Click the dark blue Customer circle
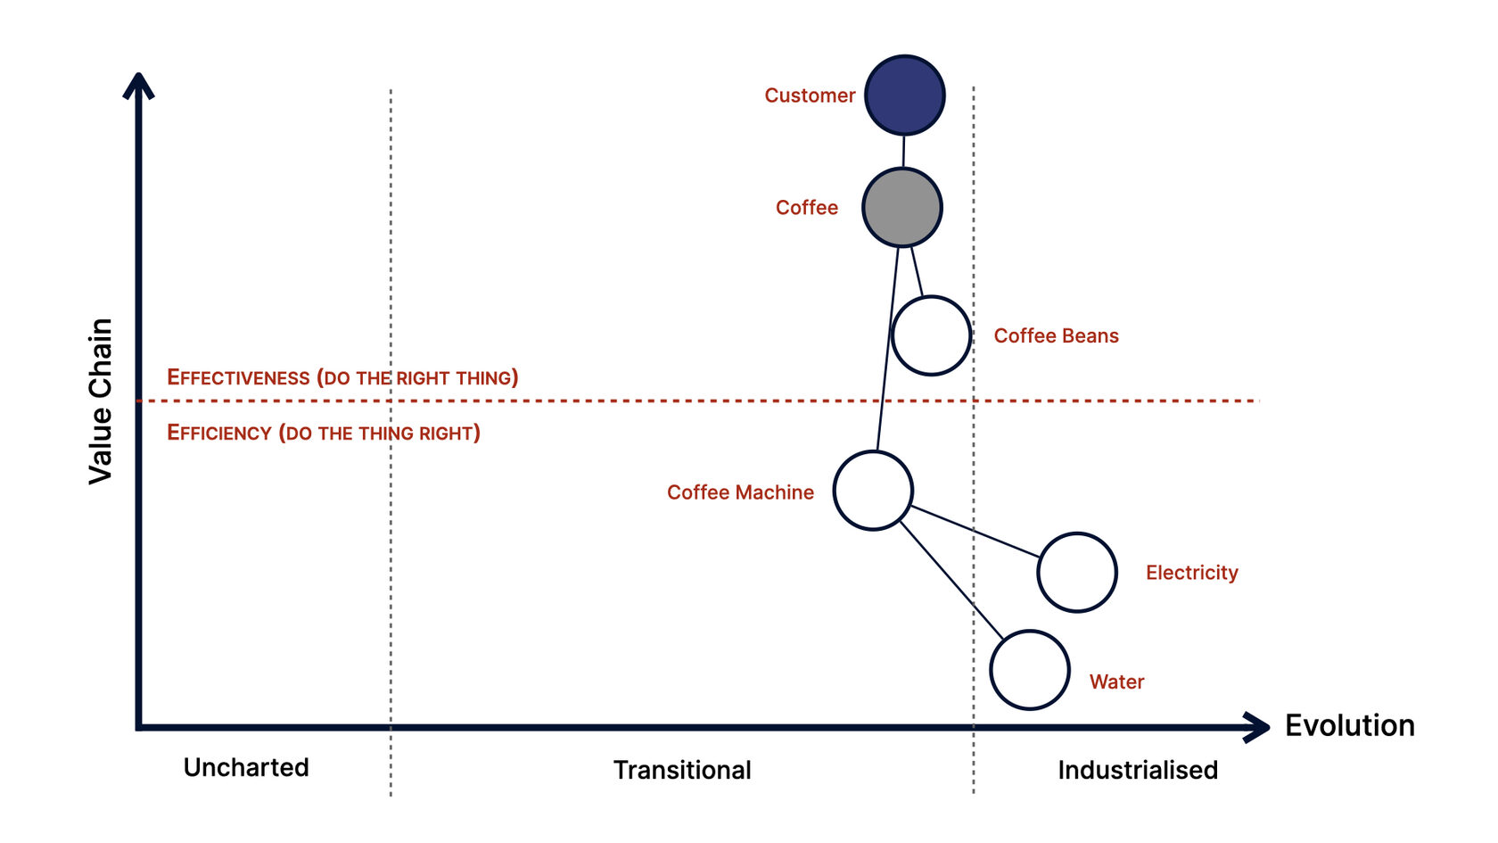coord(904,95)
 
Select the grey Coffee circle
coord(901,207)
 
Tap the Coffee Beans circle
coord(931,335)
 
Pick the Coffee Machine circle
coord(873,491)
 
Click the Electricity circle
coord(1077,572)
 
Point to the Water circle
coord(1029,670)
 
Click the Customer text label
coord(810,95)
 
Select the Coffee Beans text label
coord(1056,336)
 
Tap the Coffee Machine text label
coord(740,492)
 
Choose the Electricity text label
coord(1191,573)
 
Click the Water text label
coord(1116,682)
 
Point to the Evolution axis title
coord(1349,726)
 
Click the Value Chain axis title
coord(101,401)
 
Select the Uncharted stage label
coord(246,768)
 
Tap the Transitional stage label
coord(682,770)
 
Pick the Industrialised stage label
coord(1137,770)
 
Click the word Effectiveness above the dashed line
coord(238,377)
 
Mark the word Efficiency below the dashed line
coord(219,434)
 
